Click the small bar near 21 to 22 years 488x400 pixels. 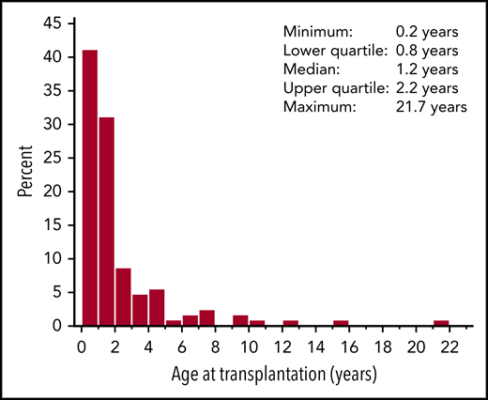pos(441,323)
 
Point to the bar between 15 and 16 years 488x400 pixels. pos(341,323)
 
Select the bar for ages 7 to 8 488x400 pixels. pos(207,318)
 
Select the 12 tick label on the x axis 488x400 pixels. pos(282,346)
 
